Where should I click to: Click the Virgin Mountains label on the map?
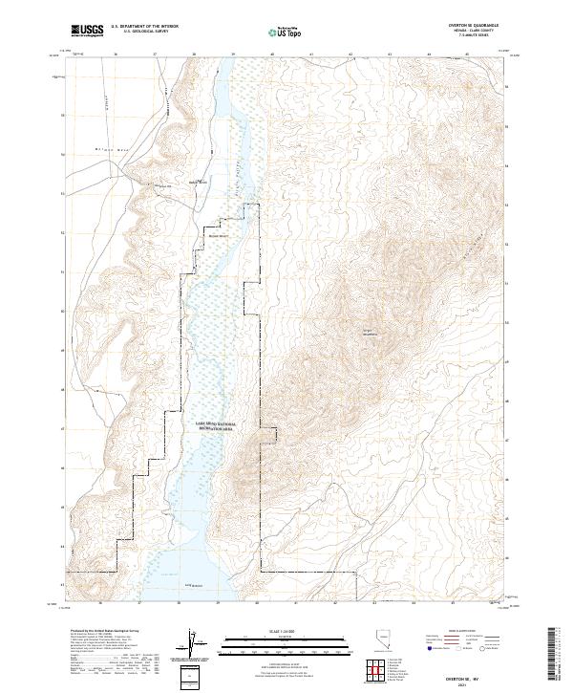[x=370, y=334]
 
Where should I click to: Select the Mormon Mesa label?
[x=116, y=149]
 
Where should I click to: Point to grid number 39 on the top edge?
[x=233, y=54]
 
